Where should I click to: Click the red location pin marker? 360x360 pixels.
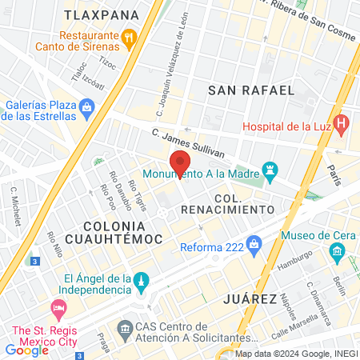click(x=180, y=161)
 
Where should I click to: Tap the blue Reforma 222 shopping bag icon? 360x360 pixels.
click(x=254, y=242)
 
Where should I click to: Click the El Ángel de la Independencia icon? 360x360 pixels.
click(x=141, y=281)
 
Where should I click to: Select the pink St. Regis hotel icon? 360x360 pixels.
click(x=58, y=308)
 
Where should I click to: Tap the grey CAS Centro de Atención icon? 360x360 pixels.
click(x=125, y=328)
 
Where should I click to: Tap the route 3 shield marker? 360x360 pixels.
click(x=34, y=261)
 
